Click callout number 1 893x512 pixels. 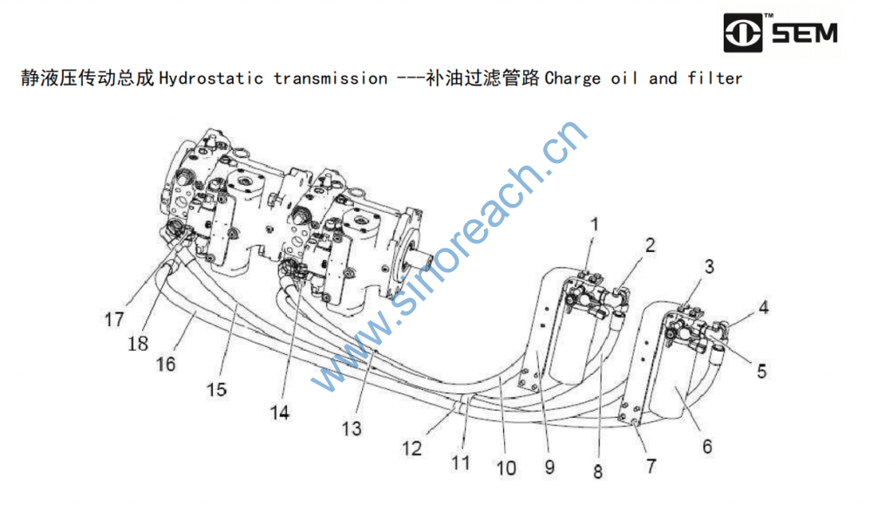point(594,224)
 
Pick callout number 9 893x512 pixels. point(549,467)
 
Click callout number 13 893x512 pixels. point(351,428)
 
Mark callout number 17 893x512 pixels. point(114,320)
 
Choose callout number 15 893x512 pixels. point(216,389)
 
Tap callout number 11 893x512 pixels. point(460,462)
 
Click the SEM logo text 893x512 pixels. point(803,34)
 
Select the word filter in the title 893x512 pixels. point(714,79)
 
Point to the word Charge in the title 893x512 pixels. point(573,79)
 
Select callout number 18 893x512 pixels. point(138,344)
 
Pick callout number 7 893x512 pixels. point(651,467)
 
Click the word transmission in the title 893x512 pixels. point(331,79)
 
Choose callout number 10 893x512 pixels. point(506,468)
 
